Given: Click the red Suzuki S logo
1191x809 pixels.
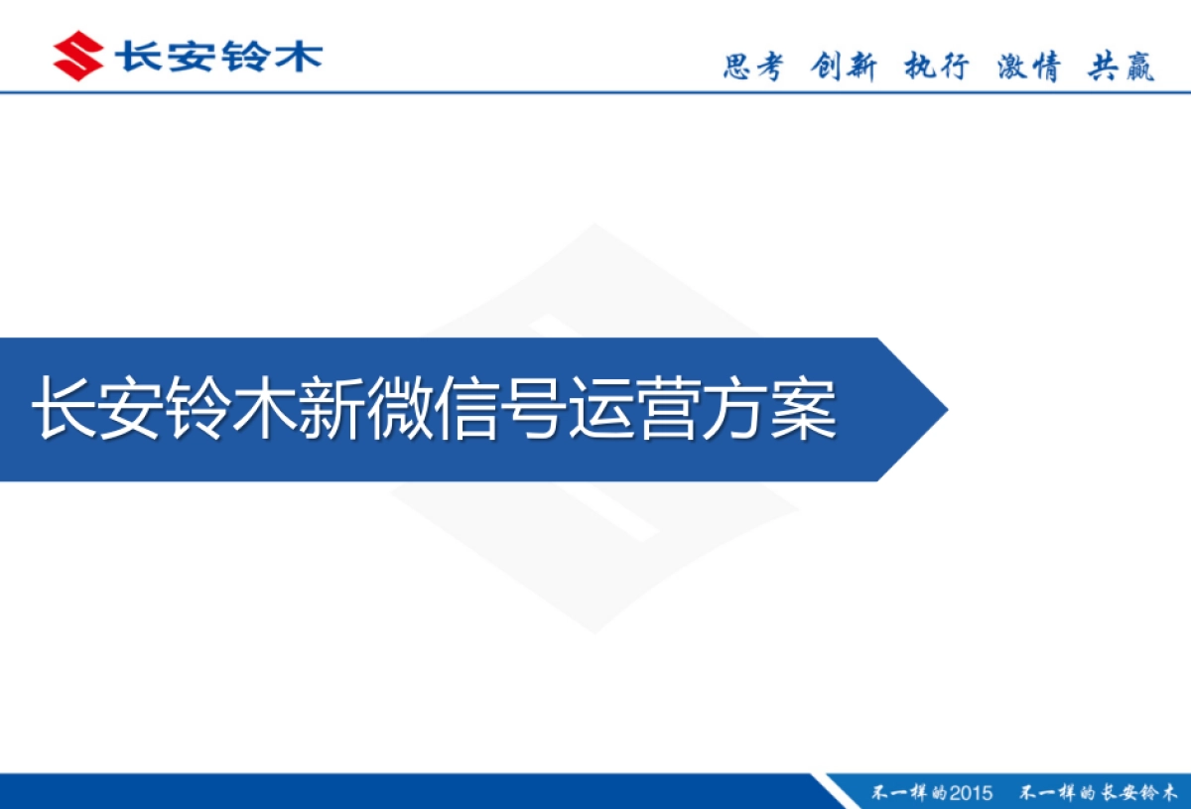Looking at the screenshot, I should point(78,56).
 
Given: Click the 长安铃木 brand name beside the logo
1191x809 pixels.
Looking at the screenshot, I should point(218,56).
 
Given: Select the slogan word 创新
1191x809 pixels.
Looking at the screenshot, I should point(844,67).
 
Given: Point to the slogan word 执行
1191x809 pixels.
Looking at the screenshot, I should point(936,67).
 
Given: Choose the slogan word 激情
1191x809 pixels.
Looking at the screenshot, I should point(1029,67).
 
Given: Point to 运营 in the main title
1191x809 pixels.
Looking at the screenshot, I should point(637,408).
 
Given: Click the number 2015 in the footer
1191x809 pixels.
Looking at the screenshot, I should point(970,793).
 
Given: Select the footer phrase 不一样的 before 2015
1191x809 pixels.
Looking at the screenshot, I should point(908,793).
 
